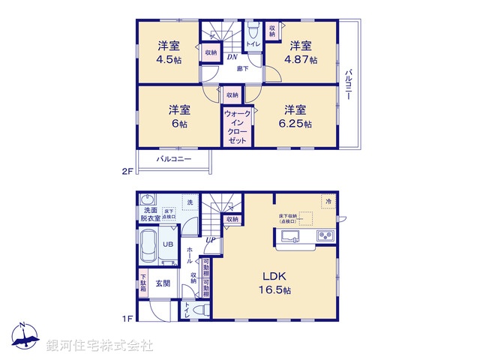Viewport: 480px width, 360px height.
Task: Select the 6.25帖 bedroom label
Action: click(x=295, y=116)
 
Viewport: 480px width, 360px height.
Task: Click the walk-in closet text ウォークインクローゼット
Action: click(x=237, y=127)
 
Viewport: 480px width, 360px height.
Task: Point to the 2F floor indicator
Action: click(x=127, y=172)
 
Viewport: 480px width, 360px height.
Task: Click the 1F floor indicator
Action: click(x=127, y=319)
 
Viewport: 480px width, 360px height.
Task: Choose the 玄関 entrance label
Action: click(x=163, y=283)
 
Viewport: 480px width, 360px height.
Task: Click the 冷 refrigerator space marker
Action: click(x=328, y=202)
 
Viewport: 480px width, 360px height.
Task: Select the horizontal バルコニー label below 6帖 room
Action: click(x=174, y=159)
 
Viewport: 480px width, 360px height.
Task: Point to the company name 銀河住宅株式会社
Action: click(x=99, y=346)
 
